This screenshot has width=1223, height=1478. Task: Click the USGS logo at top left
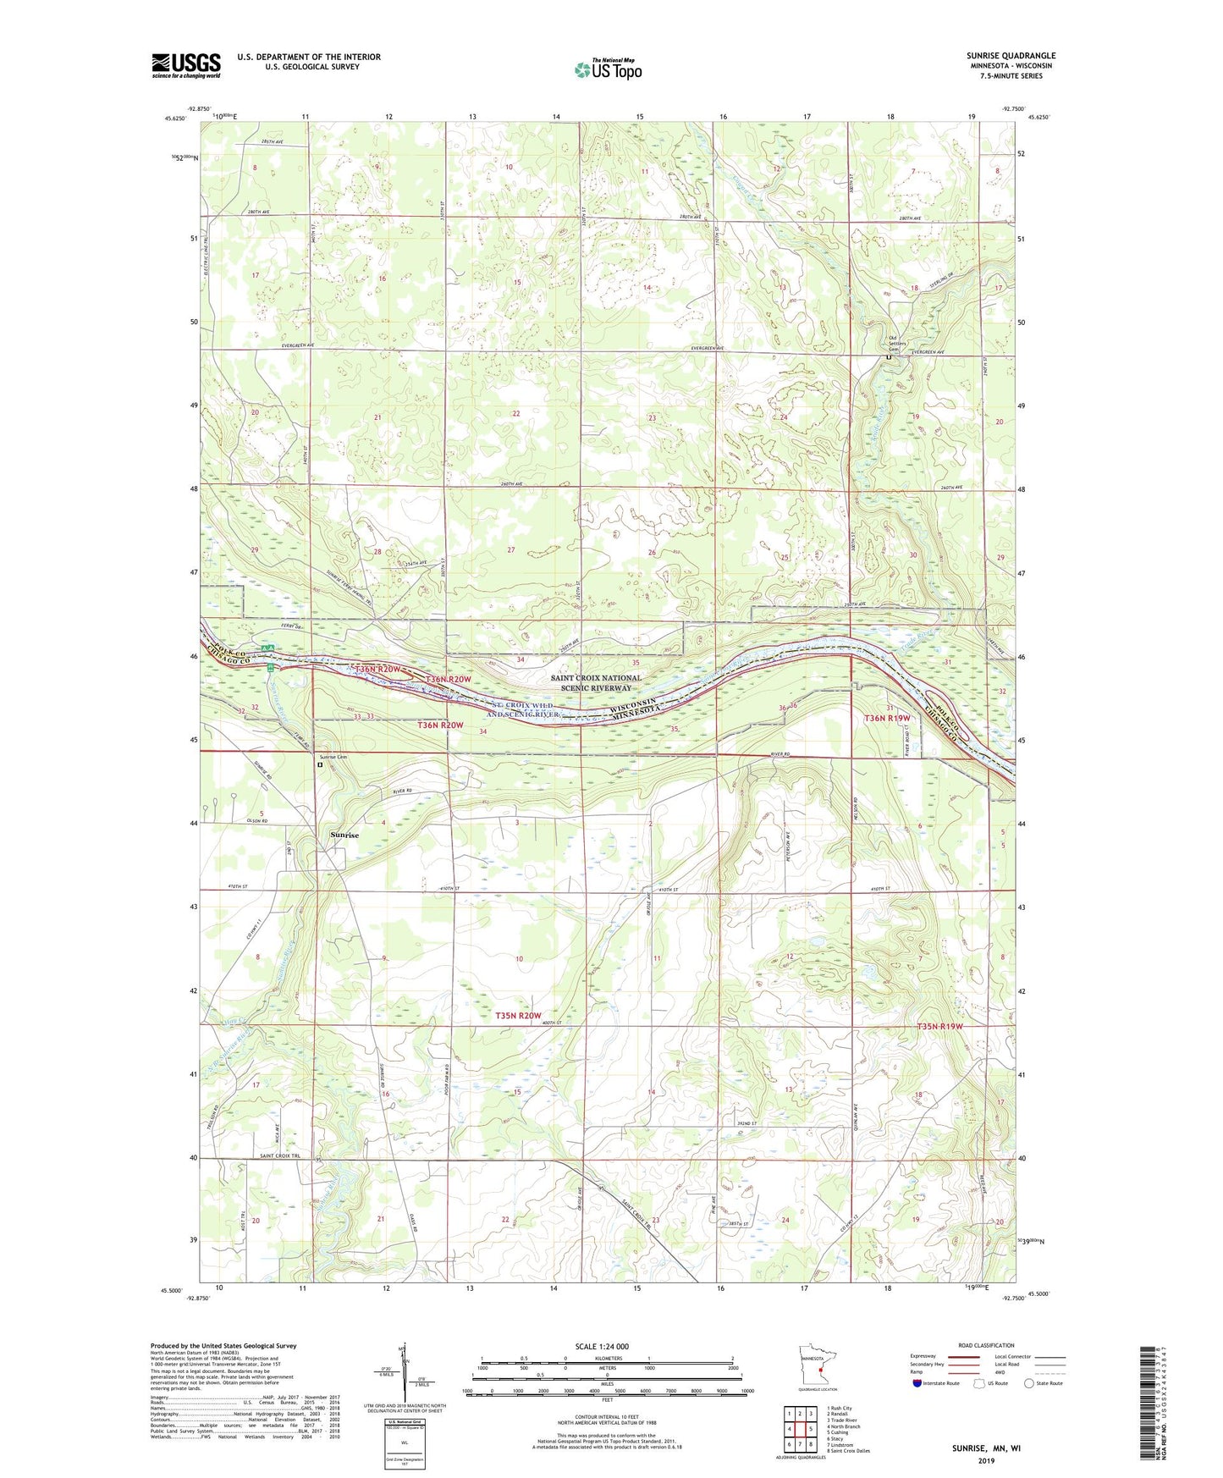point(186,65)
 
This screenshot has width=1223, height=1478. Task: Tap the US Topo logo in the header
point(607,69)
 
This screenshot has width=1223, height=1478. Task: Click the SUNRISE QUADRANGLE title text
point(1011,56)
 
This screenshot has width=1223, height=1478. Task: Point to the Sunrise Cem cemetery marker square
point(320,765)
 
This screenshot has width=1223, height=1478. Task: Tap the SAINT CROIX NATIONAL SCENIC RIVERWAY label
point(596,683)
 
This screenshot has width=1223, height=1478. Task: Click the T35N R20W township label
point(518,1015)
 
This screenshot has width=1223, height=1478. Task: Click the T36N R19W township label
point(888,718)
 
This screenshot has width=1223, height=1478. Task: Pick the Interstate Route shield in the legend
point(918,1383)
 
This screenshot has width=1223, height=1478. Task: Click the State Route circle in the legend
point(1029,1383)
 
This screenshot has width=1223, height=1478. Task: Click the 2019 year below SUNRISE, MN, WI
point(986,1461)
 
